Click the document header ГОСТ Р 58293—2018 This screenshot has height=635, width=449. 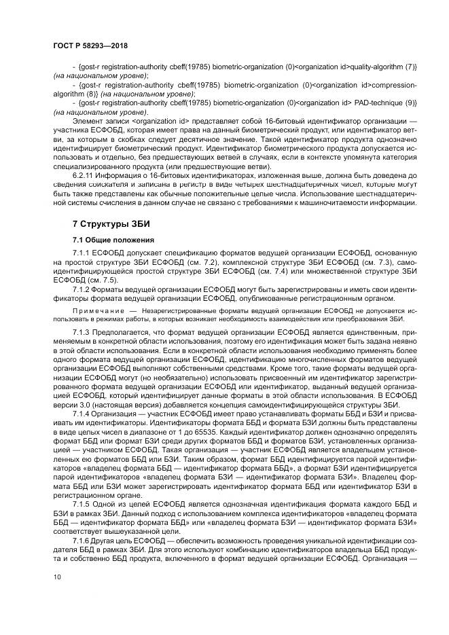90,45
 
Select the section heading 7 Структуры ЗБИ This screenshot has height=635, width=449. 111,224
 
